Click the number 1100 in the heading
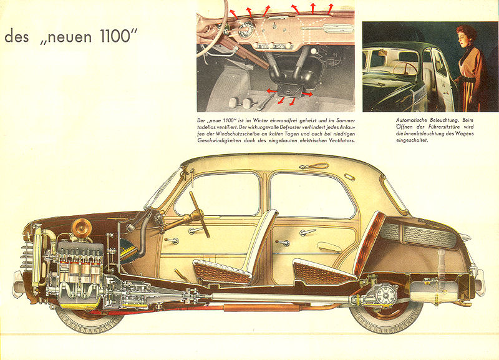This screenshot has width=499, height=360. point(115,36)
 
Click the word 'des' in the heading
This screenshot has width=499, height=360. point(17,36)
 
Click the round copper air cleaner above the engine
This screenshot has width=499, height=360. point(82,228)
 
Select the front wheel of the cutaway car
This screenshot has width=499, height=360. point(90,318)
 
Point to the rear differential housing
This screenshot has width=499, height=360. point(385,294)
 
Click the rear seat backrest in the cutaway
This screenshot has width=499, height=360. point(370,243)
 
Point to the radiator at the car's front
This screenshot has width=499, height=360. point(37,255)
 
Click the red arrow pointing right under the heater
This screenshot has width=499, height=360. point(307,94)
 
